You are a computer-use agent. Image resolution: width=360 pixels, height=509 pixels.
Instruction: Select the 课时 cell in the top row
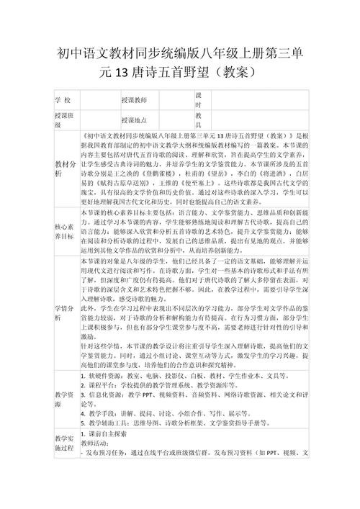199,100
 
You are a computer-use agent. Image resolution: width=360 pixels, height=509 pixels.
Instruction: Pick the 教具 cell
199,120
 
